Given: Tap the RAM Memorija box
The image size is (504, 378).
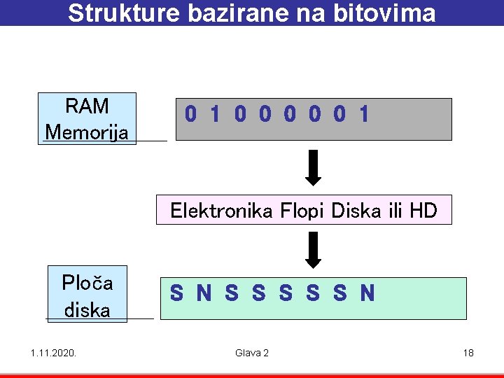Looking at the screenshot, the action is point(87,118).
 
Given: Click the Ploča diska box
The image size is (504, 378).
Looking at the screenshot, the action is point(87,294).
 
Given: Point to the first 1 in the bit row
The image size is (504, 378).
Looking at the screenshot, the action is point(215,114).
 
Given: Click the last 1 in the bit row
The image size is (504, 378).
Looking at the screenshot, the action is point(363,114).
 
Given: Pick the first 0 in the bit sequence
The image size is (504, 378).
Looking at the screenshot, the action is point(190,114).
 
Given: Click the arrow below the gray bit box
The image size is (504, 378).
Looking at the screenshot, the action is point(314,167).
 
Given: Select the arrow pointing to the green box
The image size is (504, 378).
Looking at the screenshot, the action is point(314,249).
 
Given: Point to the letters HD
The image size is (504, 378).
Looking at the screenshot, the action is point(423,210).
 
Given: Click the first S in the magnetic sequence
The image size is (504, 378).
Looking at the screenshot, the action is point(177,293).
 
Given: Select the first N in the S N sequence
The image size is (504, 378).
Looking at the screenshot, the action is point(204,293).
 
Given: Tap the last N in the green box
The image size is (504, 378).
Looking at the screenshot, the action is point(367,293).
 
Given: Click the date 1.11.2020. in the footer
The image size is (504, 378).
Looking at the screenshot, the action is point(53,353).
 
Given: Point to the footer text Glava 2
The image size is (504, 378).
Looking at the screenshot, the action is point(252,353).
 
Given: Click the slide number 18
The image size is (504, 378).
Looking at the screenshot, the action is point(468,353).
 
